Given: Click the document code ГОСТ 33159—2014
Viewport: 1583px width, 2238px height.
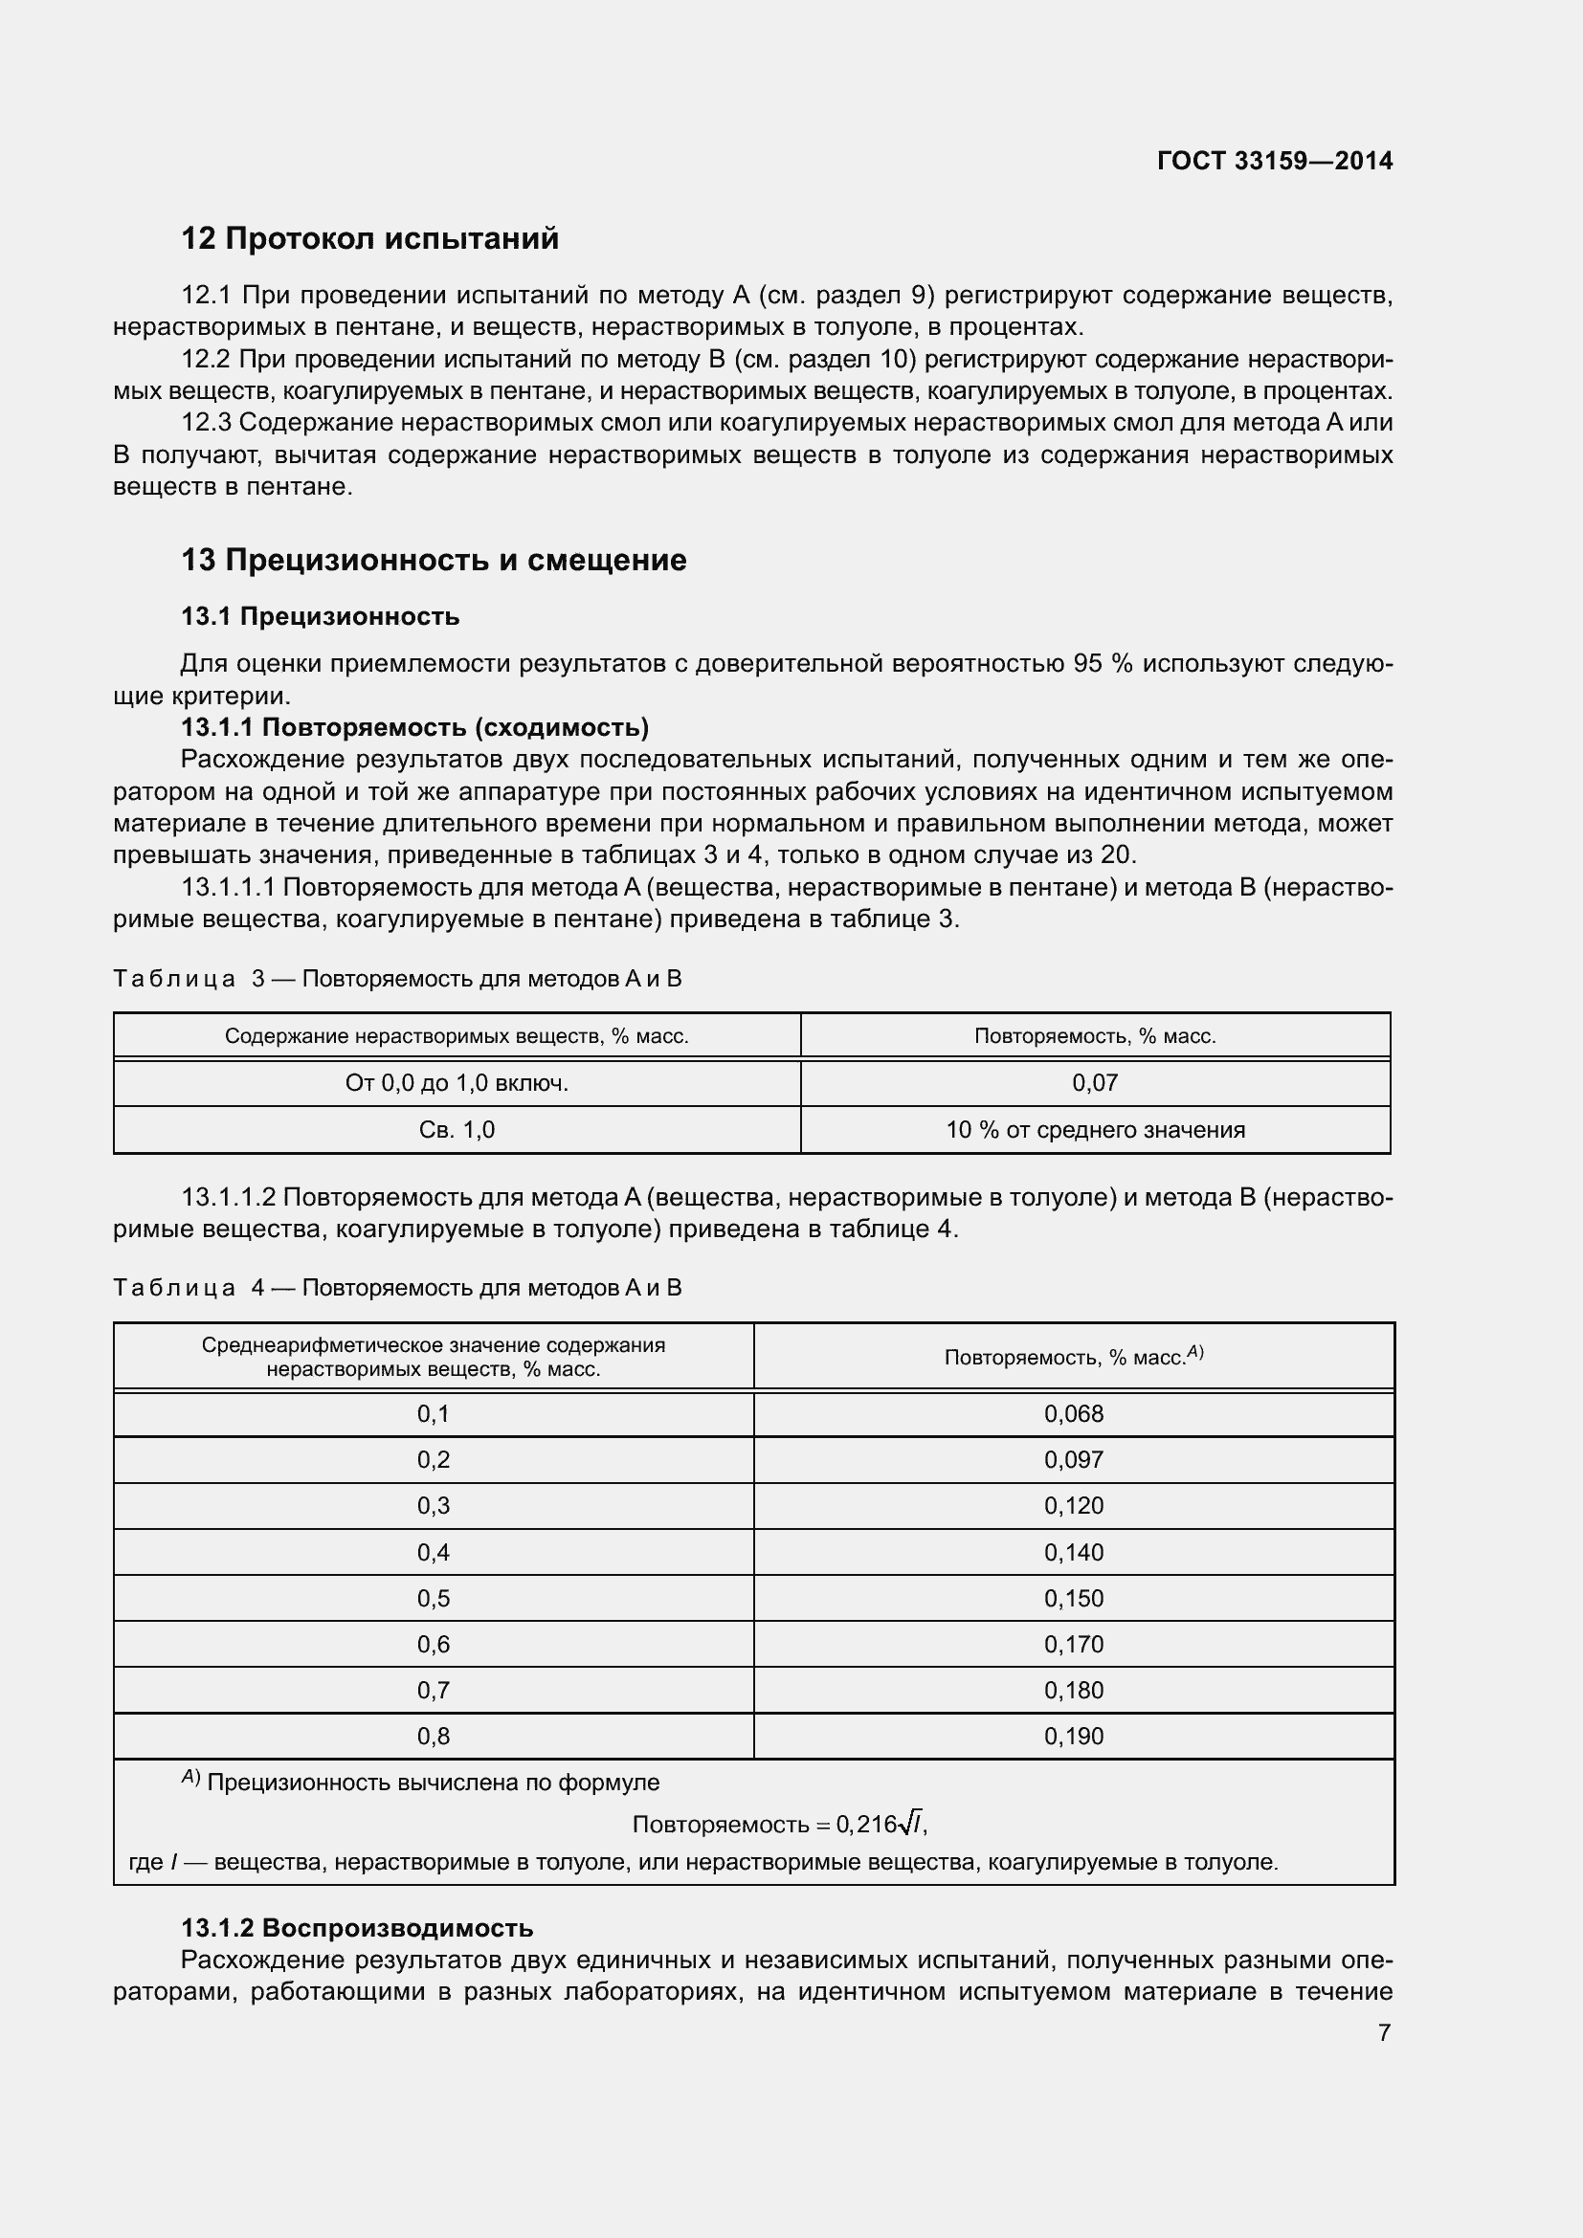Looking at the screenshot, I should (1274, 161).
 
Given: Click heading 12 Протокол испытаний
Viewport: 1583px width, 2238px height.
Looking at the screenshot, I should (370, 239).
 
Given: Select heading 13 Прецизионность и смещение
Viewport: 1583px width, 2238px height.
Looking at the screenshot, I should (434, 561).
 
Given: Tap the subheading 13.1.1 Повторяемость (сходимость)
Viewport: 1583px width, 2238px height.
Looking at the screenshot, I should (415, 727).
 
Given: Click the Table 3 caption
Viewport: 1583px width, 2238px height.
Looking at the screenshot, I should (398, 979).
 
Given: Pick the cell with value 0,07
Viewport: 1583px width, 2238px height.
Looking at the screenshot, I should (1095, 1083).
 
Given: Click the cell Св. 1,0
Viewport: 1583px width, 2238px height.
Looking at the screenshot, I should (457, 1130).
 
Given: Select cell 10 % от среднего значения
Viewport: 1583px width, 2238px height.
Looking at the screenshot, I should (1095, 1130).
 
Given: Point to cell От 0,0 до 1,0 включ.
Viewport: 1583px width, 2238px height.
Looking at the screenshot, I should (457, 1083).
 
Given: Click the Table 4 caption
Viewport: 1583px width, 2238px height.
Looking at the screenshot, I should (398, 1288).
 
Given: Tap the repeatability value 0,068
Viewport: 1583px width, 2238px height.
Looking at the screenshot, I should (1073, 1413).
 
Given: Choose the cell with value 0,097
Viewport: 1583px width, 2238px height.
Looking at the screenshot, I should (1073, 1459).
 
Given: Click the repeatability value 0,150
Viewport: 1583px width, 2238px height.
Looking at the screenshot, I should (1073, 1599).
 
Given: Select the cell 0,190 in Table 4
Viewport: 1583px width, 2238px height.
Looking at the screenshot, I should (1073, 1736).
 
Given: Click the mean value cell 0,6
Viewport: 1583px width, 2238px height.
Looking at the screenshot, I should (433, 1645).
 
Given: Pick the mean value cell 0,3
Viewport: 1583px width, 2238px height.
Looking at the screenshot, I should (433, 1506).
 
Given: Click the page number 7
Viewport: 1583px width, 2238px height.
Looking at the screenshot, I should (1383, 2032).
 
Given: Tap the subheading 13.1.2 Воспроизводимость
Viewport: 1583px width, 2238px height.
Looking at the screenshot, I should (357, 1928).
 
